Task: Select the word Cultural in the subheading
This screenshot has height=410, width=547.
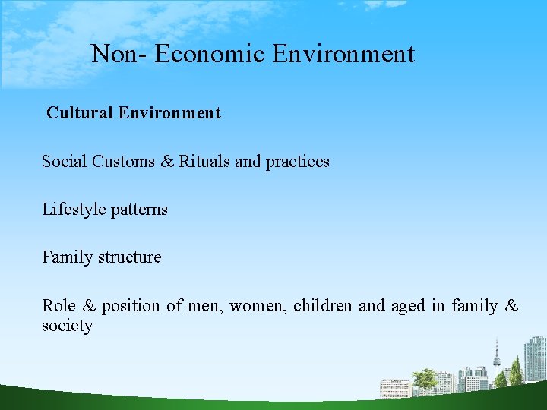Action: pyautogui.click(x=80, y=113)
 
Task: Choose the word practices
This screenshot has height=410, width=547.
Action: pyautogui.click(x=297, y=162)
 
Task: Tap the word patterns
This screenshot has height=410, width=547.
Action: pyautogui.click(x=139, y=210)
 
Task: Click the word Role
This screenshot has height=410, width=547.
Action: pyautogui.click(x=58, y=306)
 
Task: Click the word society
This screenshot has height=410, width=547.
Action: pyautogui.click(x=67, y=326)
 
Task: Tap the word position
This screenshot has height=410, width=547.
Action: pyautogui.click(x=131, y=306)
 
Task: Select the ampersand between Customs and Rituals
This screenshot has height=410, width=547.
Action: pyautogui.click(x=167, y=161)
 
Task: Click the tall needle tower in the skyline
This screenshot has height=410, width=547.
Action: pyautogui.click(x=496, y=357)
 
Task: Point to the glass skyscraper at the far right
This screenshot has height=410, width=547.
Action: pyautogui.click(x=535, y=358)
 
